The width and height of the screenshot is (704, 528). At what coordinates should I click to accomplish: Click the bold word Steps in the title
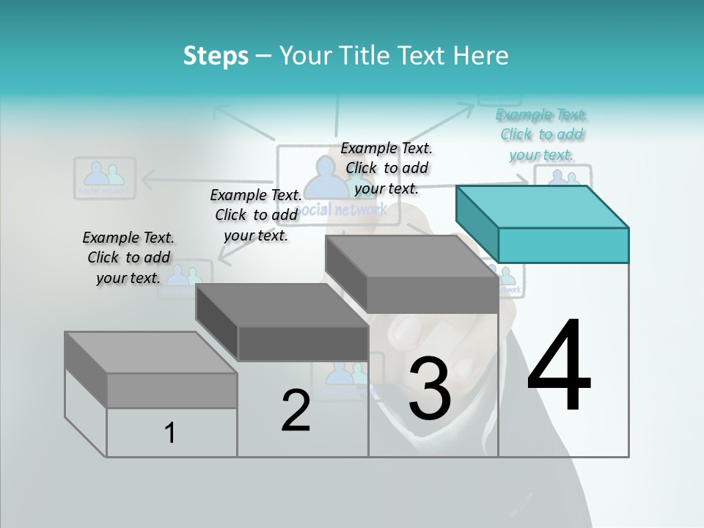tap(216, 56)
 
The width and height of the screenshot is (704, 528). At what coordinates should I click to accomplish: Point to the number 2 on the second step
tap(296, 411)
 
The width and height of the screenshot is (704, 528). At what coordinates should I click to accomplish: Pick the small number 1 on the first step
tap(170, 433)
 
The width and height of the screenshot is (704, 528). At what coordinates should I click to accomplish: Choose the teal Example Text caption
tap(541, 135)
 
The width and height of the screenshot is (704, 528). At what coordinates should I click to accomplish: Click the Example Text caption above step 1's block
tap(128, 257)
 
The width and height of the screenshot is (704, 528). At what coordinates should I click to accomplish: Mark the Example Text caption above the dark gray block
tap(256, 215)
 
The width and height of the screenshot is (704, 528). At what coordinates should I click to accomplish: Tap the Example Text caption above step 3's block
tap(386, 168)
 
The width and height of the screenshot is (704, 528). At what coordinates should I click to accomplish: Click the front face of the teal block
tap(563, 245)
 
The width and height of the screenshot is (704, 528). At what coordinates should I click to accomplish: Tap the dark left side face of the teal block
tap(477, 223)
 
